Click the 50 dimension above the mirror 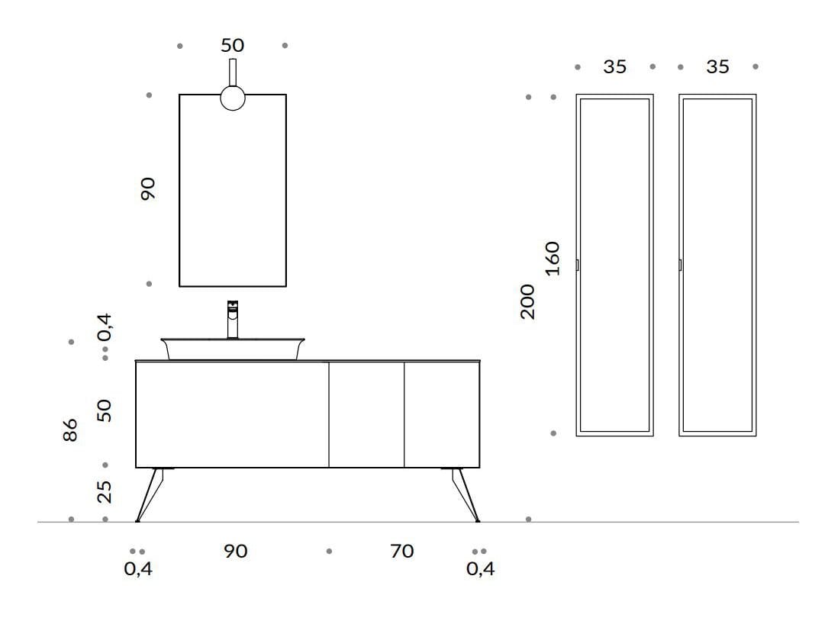tap(232, 46)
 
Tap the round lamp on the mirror tap(232, 98)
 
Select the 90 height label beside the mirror tap(148, 188)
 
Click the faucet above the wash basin tap(232, 320)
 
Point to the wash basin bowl tap(233, 349)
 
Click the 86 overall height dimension tap(69, 430)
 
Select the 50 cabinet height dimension tap(105, 410)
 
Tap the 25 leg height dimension tap(105, 491)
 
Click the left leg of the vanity tap(150, 495)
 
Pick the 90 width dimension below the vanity tap(236, 552)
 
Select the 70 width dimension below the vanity tap(402, 552)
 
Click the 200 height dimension tap(527, 301)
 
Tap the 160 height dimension tap(552, 259)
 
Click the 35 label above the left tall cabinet tap(614, 67)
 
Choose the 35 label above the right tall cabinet tap(717, 67)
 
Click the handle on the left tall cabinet tap(578, 265)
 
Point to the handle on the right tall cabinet tap(680, 265)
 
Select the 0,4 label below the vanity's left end tap(138, 568)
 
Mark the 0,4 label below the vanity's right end tap(481, 568)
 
